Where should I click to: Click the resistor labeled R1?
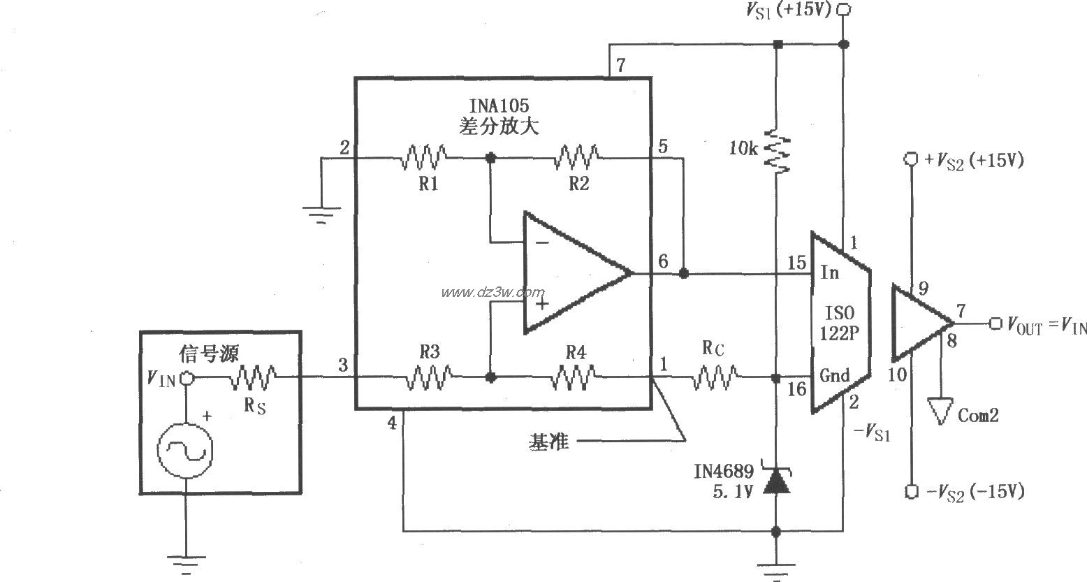pyautogui.click(x=424, y=158)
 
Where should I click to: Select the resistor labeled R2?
pyautogui.click(x=576, y=158)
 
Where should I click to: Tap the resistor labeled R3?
pyautogui.click(x=430, y=378)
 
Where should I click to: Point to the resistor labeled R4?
pyautogui.click(x=575, y=378)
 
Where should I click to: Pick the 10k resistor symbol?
pyautogui.click(x=775, y=149)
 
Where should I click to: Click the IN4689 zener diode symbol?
pyautogui.click(x=775, y=481)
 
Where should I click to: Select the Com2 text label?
pyautogui.click(x=978, y=415)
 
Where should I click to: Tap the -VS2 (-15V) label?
pyautogui.click(x=975, y=492)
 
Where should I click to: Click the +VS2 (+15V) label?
pyautogui.click(x=974, y=160)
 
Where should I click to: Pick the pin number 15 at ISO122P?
pyautogui.click(x=796, y=263)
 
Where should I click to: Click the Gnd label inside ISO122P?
pyautogui.click(x=835, y=376)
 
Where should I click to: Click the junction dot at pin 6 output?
pyautogui.click(x=684, y=273)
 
